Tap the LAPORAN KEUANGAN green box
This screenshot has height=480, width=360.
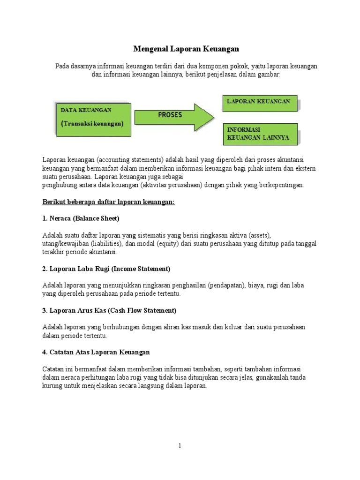[259, 102]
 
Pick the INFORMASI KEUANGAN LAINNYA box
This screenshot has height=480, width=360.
[259, 134]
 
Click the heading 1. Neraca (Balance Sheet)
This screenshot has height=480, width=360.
[81, 218]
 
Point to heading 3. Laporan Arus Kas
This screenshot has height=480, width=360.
[109, 310]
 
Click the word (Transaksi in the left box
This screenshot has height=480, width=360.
[76, 124]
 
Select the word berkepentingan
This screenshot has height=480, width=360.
[278, 185]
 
